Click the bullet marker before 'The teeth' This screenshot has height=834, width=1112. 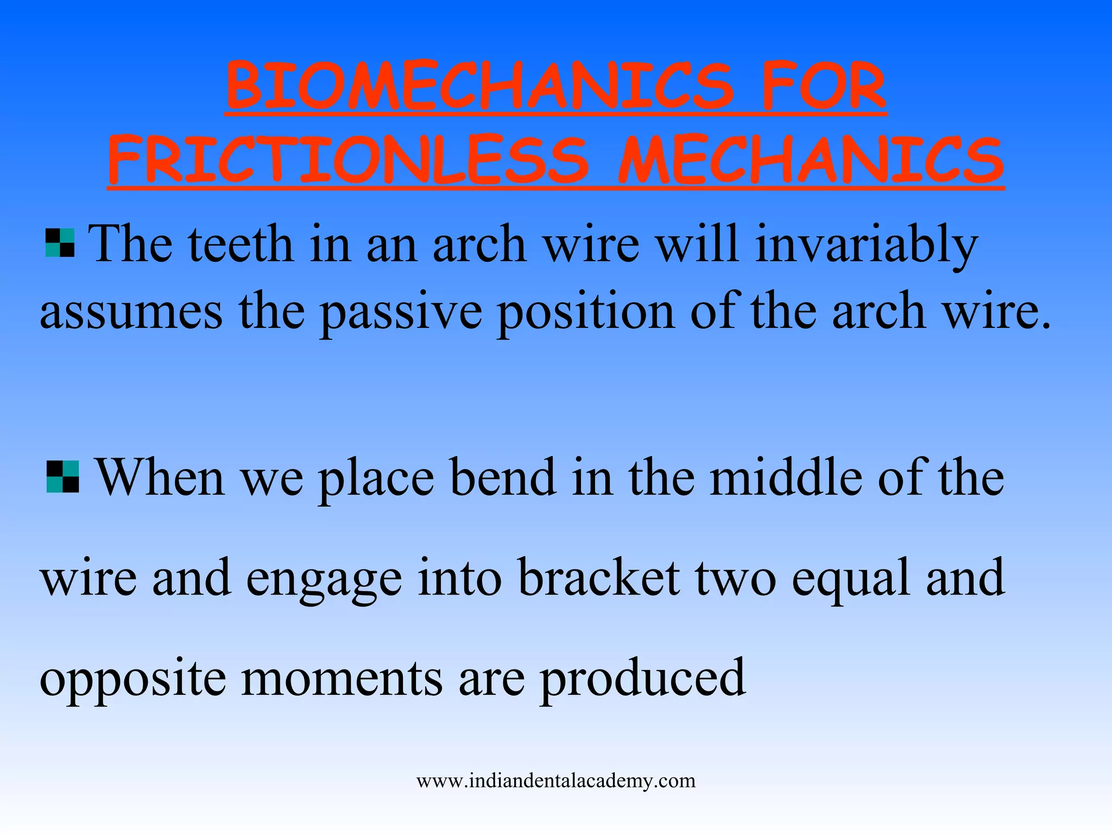click(x=60, y=243)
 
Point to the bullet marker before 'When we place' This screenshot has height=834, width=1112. click(x=63, y=477)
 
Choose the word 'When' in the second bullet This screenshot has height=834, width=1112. click(x=160, y=477)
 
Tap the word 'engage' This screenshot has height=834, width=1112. click(x=324, y=579)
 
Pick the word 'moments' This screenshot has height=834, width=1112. click(x=342, y=679)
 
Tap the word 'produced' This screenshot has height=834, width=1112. click(x=643, y=679)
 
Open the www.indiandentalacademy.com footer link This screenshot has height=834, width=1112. click(x=556, y=781)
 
